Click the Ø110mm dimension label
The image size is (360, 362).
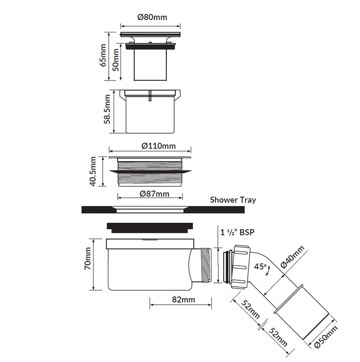tap(158, 146)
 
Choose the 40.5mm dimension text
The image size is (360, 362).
tap(94, 171)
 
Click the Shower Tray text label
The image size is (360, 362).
tap(233, 200)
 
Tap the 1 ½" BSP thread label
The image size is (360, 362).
tap(237, 232)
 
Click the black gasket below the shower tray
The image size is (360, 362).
tap(150, 226)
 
